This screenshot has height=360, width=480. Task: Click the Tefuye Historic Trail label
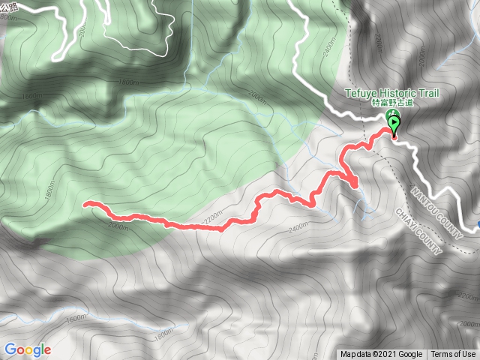(x=391, y=92)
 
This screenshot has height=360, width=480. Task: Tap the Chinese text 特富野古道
(x=391, y=103)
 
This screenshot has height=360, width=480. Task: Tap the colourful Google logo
(x=27, y=349)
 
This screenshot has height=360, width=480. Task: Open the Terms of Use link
(x=453, y=354)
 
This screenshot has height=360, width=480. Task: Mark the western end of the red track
(x=85, y=203)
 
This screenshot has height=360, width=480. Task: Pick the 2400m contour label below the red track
(x=298, y=227)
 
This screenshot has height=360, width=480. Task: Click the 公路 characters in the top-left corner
(x=8, y=6)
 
